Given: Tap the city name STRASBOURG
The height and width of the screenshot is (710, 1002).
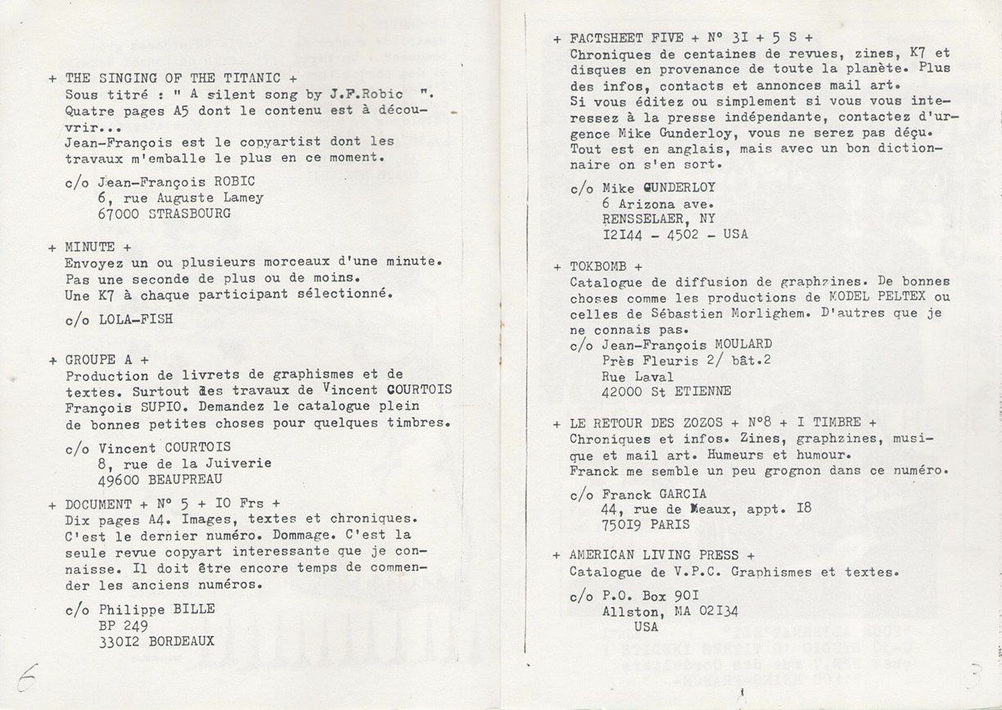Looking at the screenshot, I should (191, 213).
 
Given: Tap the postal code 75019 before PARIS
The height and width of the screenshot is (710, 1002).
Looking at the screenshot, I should (625, 524).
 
